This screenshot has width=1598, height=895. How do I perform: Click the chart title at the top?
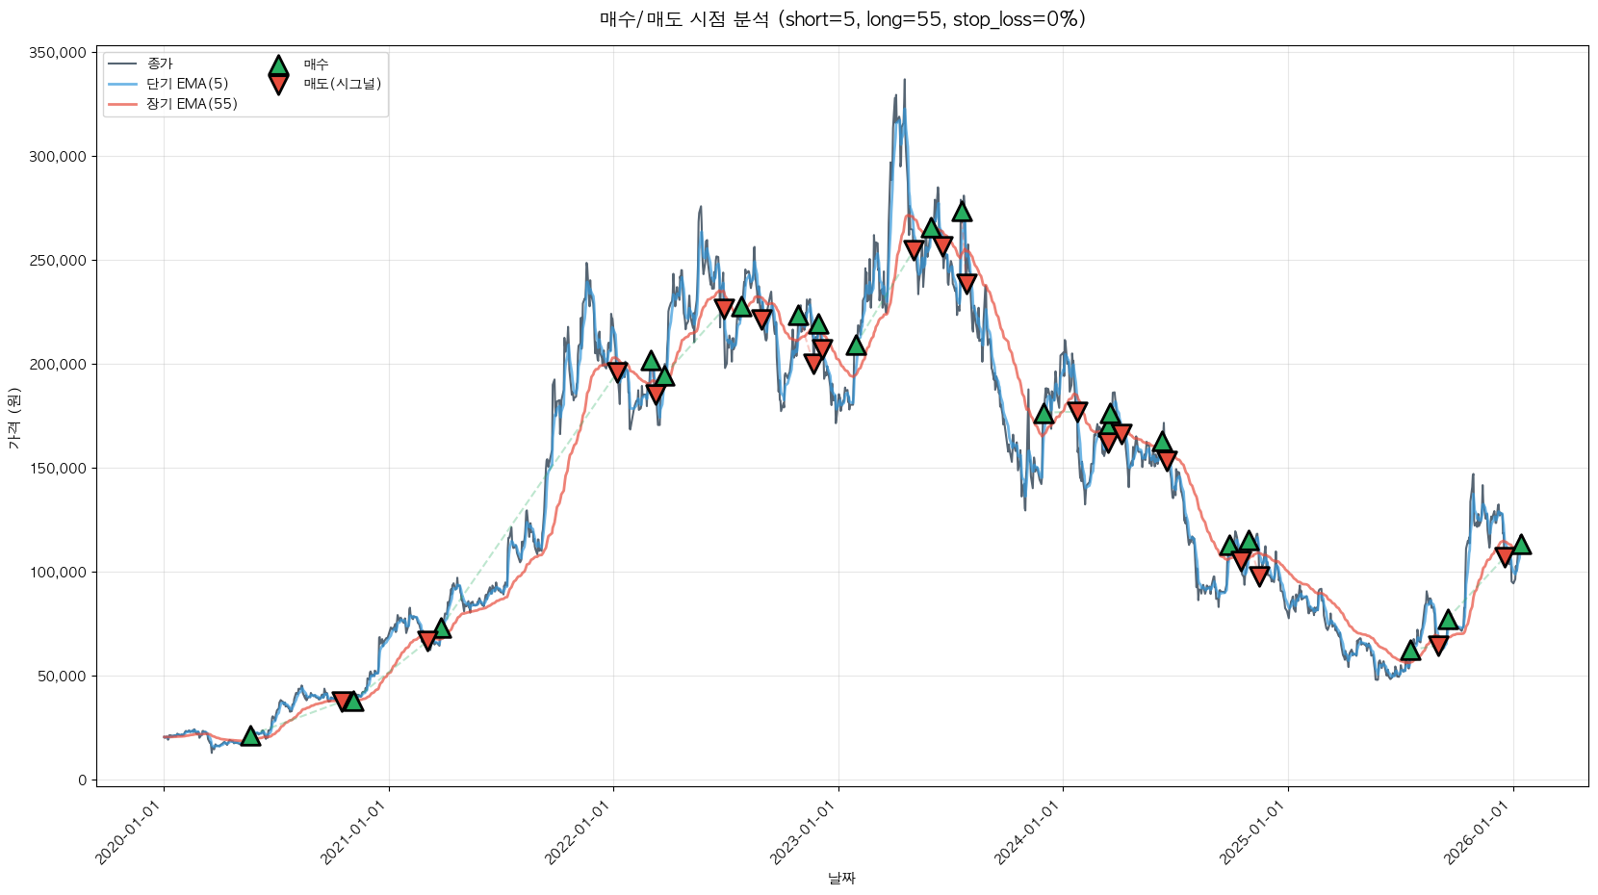pos(841,19)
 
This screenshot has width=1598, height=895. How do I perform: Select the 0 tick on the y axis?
pos(82,780)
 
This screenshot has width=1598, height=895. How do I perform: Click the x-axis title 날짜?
pos(841,878)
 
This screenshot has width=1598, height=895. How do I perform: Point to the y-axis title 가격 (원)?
pos(13,418)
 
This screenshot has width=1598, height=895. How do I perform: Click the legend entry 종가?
pos(160,64)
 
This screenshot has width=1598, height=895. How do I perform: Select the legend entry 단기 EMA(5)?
pos(187,84)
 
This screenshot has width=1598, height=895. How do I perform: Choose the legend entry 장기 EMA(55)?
pos(192,104)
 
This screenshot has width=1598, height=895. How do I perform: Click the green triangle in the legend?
pos(278,65)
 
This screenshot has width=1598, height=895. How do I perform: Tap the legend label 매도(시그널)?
pos(343,84)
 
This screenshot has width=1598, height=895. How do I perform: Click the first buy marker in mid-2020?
pos(250,736)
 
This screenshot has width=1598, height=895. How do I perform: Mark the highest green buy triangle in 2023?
pos(962,212)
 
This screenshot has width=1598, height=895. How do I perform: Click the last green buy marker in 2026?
pos(1521,545)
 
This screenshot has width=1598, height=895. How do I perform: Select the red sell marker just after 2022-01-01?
pos(618,371)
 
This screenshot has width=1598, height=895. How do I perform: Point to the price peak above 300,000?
pos(904,81)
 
